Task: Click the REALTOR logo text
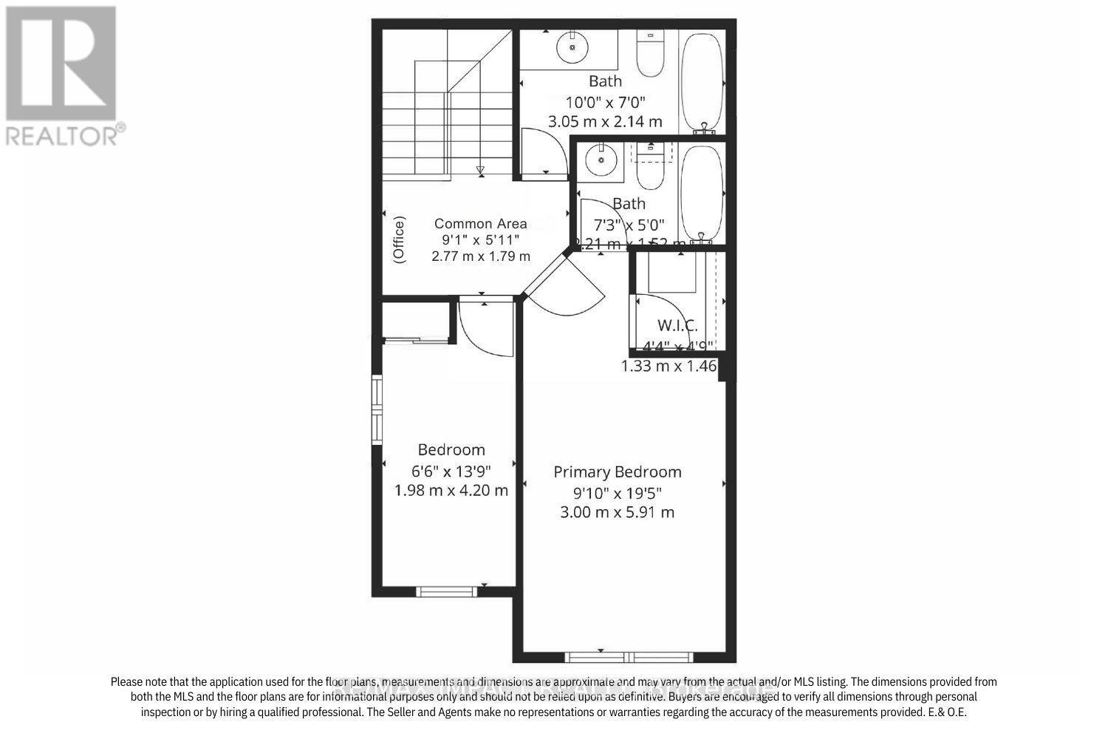[x=65, y=135]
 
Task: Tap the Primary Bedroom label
[x=618, y=472]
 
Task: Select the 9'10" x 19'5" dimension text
[x=618, y=492]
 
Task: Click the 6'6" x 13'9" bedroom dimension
[x=451, y=470]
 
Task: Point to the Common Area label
[x=481, y=223]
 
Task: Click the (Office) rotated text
[x=400, y=239]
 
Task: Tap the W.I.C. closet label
[x=677, y=325]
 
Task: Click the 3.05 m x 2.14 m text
[x=605, y=121]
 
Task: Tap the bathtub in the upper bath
[x=702, y=78]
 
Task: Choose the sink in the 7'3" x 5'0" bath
[x=601, y=159]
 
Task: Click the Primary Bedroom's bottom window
[x=629, y=657]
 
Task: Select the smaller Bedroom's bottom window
[x=446, y=590]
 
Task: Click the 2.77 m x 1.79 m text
[x=481, y=256]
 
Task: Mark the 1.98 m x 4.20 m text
[x=451, y=490]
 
